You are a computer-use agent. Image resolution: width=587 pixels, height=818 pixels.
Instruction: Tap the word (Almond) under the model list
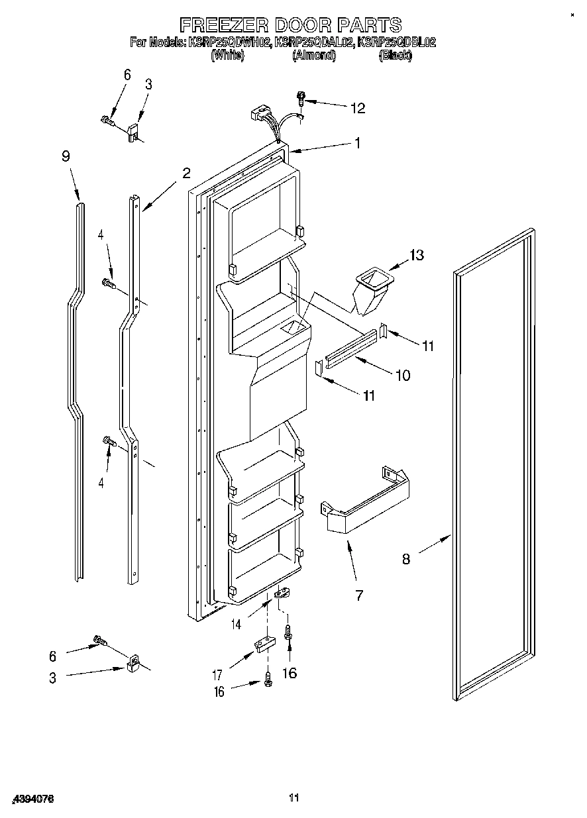coord(314,56)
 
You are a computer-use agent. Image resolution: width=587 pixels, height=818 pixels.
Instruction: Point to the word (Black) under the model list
coord(395,56)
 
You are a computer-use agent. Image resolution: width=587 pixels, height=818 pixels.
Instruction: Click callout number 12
coord(358,109)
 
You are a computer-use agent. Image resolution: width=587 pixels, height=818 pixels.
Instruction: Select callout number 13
coord(417,255)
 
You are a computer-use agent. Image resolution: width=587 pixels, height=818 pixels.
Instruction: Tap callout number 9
coord(66,156)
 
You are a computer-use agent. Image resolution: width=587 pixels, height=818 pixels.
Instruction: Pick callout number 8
coord(405,559)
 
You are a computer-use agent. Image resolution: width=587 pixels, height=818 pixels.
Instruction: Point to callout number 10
coord(402,376)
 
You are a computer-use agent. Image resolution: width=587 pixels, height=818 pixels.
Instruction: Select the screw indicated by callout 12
coord(302,99)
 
